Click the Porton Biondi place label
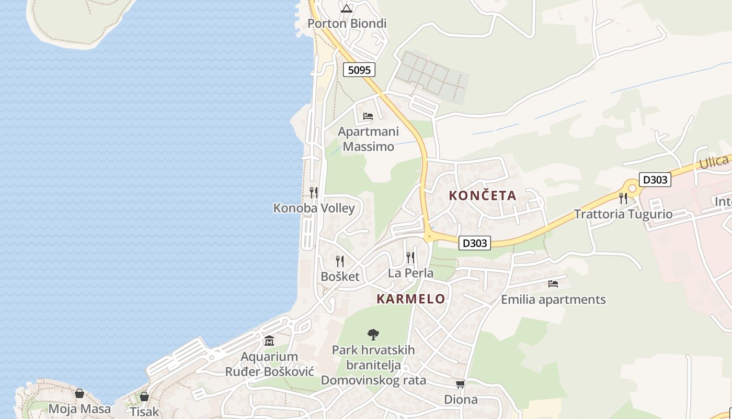pos(347,24)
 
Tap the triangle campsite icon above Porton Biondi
pos(347,8)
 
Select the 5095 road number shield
pos(359,70)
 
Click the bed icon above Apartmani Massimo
pos(368,116)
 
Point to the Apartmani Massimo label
pos(368,139)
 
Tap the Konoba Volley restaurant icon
pos(314,192)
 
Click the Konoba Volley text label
pos(314,208)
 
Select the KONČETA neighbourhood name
pos(483,196)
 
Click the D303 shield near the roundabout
pos(655,180)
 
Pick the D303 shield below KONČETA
pos(475,243)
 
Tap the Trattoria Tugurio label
pos(623,214)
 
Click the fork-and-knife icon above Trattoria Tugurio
pos(623,198)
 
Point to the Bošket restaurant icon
pos(340,261)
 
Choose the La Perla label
pos(410,273)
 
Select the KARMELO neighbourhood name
pos(411,299)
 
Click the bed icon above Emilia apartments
pos(553,284)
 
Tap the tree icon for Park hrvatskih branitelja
pos(373,334)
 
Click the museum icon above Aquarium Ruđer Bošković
pos(269,341)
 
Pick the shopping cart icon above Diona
pos(461,384)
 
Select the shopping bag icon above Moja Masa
pos(79,393)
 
